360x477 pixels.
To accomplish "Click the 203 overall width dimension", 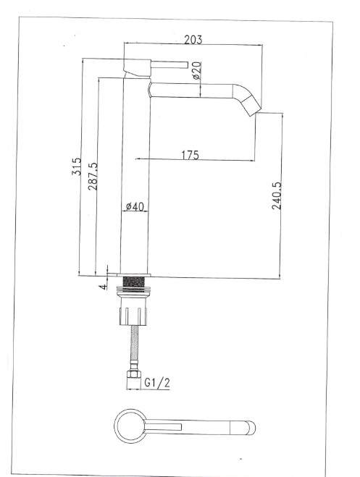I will point(193,38).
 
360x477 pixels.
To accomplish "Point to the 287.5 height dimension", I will point(91,175).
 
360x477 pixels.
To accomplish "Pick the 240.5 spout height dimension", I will point(276,195).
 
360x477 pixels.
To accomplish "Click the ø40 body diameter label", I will point(135,207).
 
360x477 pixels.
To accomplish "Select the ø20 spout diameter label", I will point(196,70).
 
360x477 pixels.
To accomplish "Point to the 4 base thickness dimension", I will point(103,286).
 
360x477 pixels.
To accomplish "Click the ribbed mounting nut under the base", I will point(135,312).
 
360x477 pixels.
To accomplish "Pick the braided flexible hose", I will point(135,350).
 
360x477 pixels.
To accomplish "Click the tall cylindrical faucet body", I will point(135,174).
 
